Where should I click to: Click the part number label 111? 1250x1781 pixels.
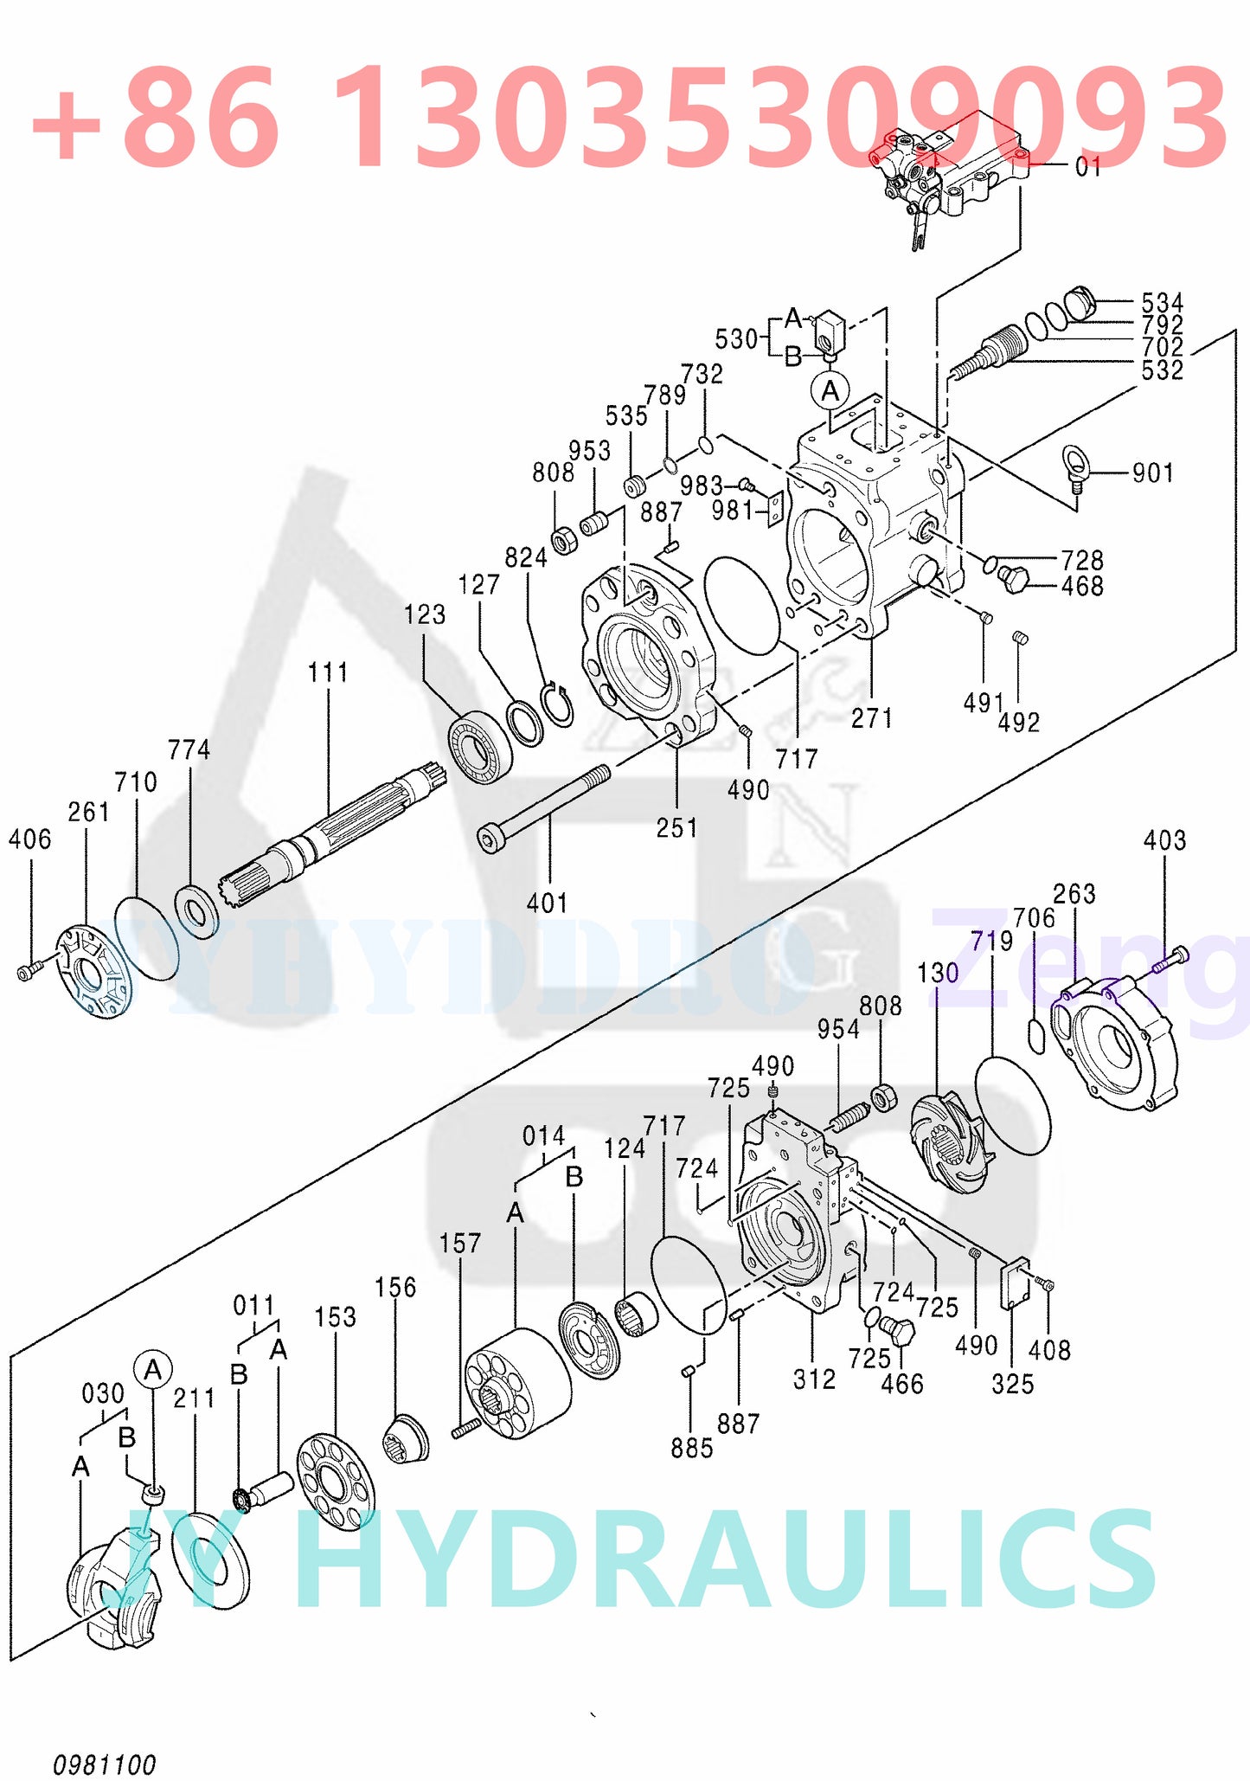[329, 672]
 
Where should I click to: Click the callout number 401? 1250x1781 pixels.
[548, 903]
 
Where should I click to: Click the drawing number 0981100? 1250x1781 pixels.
[105, 1765]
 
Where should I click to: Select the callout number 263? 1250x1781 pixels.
[1074, 894]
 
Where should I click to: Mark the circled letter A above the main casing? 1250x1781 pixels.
[830, 391]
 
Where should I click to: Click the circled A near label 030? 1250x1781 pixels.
[153, 1370]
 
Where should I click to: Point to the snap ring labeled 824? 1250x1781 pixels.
[559, 704]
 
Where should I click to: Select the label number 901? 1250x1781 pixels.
[1153, 473]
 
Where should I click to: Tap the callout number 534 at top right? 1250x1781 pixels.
[1162, 303]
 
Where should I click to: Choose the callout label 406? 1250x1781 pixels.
[30, 839]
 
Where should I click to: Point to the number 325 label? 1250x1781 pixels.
[1012, 1384]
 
